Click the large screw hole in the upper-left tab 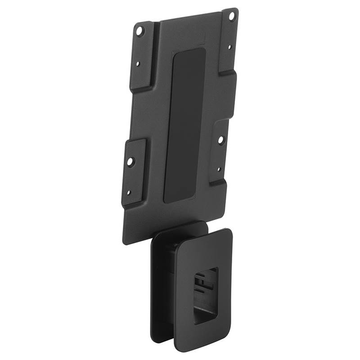click(x=139, y=31)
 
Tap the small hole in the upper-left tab click(x=138, y=64)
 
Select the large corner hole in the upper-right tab click(x=232, y=16)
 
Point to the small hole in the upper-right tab click(x=229, y=46)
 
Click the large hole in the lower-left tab click(x=130, y=161)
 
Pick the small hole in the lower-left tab click(x=128, y=193)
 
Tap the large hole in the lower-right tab click(x=221, y=140)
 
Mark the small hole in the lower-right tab click(x=219, y=170)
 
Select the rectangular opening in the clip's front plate click(x=205, y=295)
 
